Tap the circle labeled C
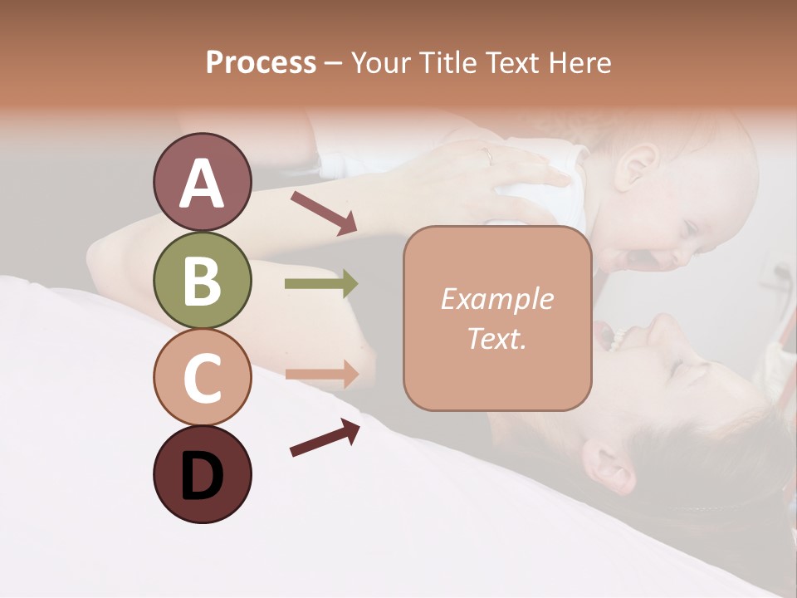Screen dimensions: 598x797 pos(202,377)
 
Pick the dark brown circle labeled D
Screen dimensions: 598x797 pos(202,474)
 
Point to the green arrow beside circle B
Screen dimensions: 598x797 pos(321,284)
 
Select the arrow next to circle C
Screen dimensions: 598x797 pos(321,374)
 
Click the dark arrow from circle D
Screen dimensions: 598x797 pos(325,438)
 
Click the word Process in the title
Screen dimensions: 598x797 pos(261,62)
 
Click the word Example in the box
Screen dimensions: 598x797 pos(496,299)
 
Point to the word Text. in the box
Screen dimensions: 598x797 pos(496,338)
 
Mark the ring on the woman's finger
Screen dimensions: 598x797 pos(488,155)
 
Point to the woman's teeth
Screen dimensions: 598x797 pos(619,336)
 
